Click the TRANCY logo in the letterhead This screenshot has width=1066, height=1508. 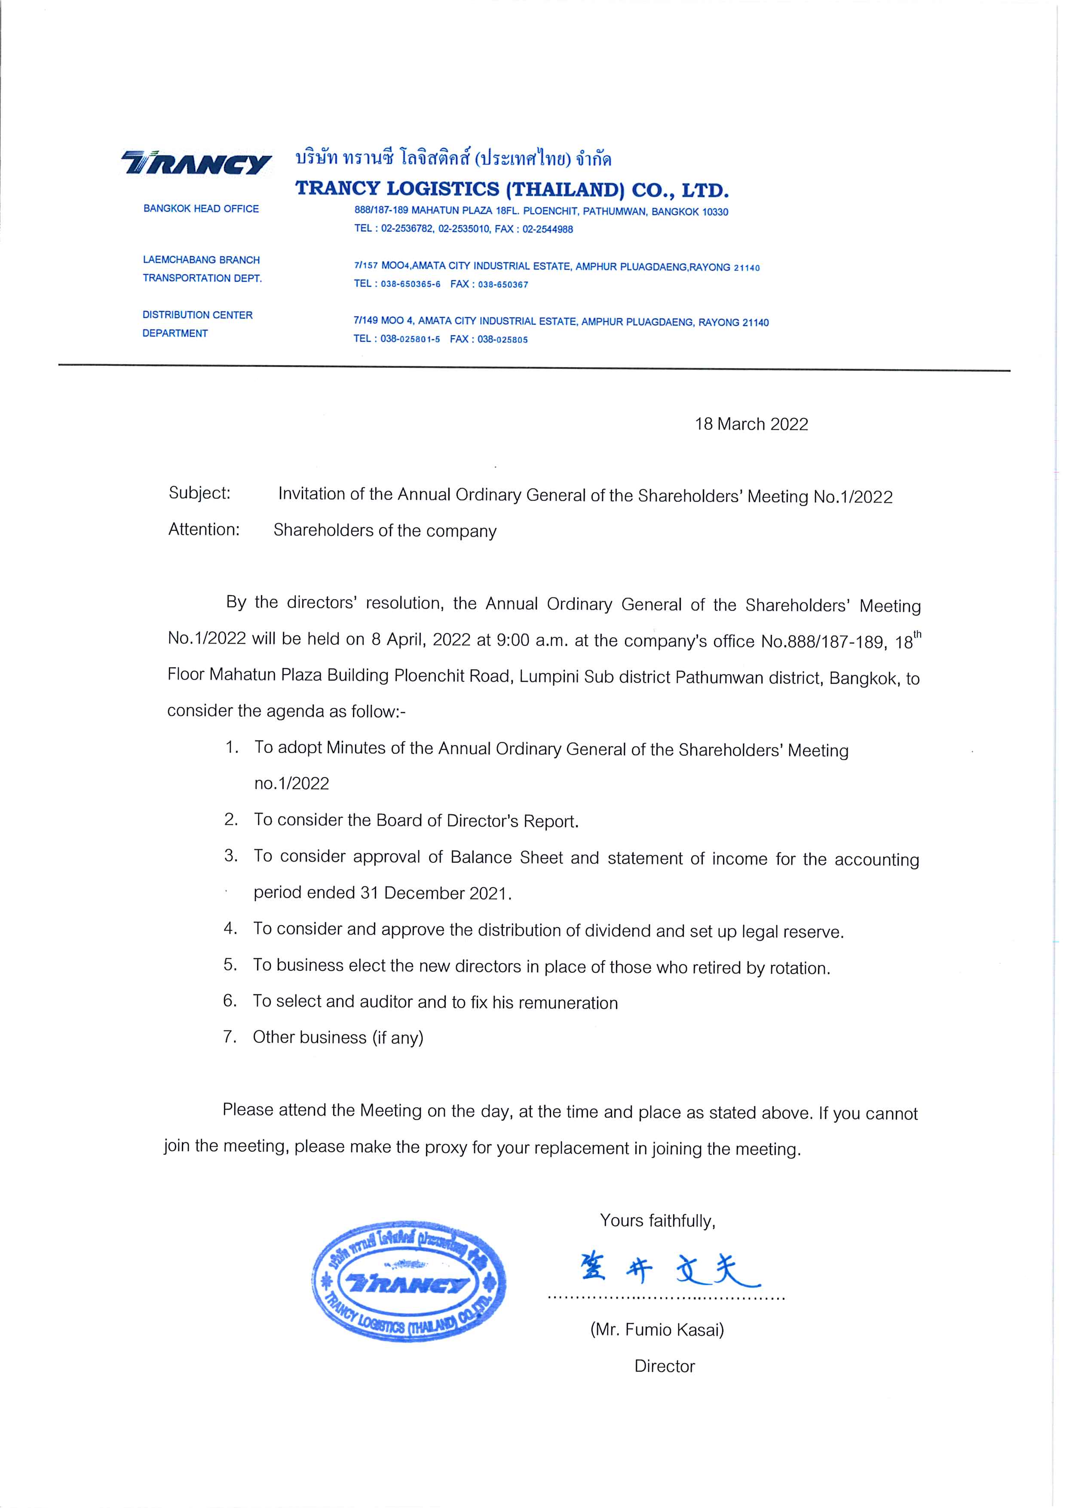(x=197, y=163)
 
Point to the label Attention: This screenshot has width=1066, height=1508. (x=204, y=529)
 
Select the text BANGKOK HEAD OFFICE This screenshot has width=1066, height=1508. (x=201, y=209)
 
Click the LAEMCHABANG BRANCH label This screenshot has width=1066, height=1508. (x=201, y=260)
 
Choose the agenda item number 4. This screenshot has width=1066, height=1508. (x=230, y=929)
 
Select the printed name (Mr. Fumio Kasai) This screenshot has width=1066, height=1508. (x=657, y=1330)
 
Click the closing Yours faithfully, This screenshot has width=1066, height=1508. (x=658, y=1221)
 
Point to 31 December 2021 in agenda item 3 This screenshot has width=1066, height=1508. (x=434, y=893)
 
